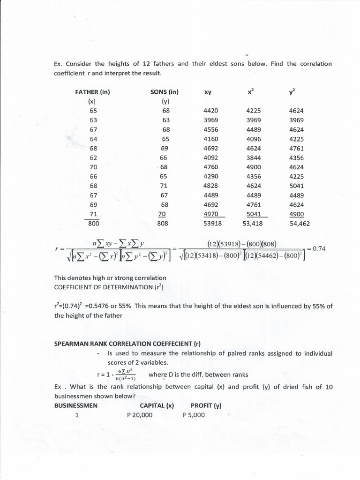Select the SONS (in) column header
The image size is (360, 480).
(x=165, y=92)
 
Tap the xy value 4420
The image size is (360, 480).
(x=211, y=111)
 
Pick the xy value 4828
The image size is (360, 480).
(x=211, y=186)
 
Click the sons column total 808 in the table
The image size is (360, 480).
(x=165, y=224)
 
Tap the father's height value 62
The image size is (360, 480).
(x=93, y=157)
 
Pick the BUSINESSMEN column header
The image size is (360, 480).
(x=76, y=406)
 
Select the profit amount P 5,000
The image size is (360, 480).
(x=194, y=415)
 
